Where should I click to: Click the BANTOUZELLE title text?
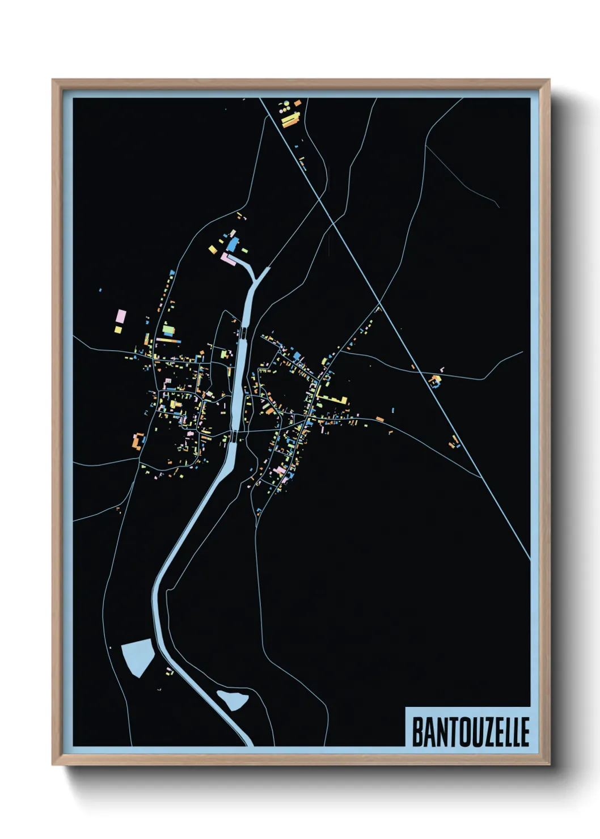(470, 732)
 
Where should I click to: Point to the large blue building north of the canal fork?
(233, 245)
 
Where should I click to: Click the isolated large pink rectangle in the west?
(120, 315)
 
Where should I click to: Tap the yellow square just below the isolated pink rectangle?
(118, 329)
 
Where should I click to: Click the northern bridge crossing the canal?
(243, 332)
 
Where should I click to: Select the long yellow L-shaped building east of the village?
(332, 399)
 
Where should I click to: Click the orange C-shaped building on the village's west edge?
(137, 441)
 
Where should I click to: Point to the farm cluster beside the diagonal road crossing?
(436, 380)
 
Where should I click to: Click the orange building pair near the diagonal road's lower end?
(454, 442)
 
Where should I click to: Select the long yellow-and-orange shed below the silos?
(291, 119)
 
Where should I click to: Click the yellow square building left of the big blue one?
(213, 248)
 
